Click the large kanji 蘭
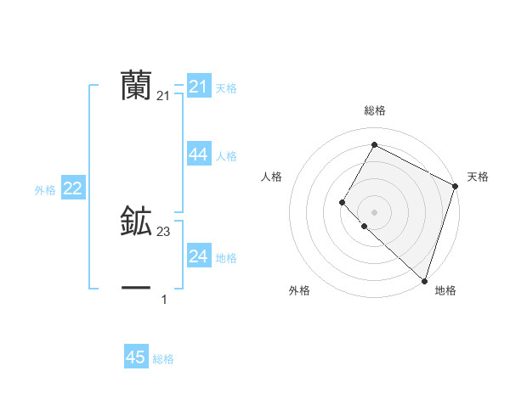pos(136,86)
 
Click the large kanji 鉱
pos(136,222)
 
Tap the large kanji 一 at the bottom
pos(136,289)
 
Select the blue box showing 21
pos(199,87)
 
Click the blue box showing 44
pos(199,155)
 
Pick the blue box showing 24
pos(199,256)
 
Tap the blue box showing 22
pos(72,188)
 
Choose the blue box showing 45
pos(136,357)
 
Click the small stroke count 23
pos(163,232)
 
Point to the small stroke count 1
pos(164,299)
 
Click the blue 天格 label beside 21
pos(226,88)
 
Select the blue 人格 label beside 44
pos(226,156)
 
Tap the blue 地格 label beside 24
pos(226,258)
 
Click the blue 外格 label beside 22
pos(45,190)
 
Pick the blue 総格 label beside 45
pos(163,359)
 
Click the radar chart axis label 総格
pos(374,110)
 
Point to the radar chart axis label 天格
pos(478,177)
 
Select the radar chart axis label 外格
pos(299,290)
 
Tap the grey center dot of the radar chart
pos(374,212)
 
